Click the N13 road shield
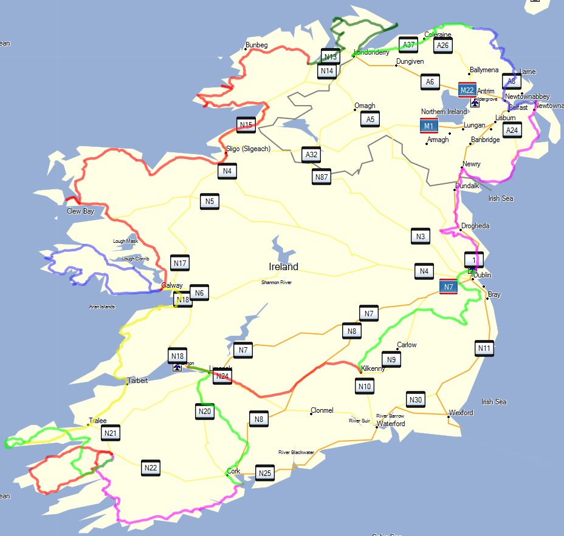[x=330, y=57]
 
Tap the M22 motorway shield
[x=467, y=90]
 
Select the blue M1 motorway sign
[x=429, y=126]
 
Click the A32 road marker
[x=311, y=155]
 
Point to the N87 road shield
[x=322, y=177]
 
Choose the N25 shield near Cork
[x=264, y=473]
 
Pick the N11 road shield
[x=484, y=348]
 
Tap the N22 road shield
[x=151, y=468]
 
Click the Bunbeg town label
[x=256, y=45]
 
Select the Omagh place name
[x=365, y=106]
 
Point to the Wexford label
[x=461, y=413]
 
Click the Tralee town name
[x=98, y=420]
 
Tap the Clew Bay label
[x=80, y=211]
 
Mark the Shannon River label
[x=277, y=282]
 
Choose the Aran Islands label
[x=102, y=307]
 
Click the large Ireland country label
[x=284, y=266]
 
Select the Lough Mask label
[x=125, y=241]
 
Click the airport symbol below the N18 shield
[x=177, y=367]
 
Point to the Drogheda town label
[x=475, y=226]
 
